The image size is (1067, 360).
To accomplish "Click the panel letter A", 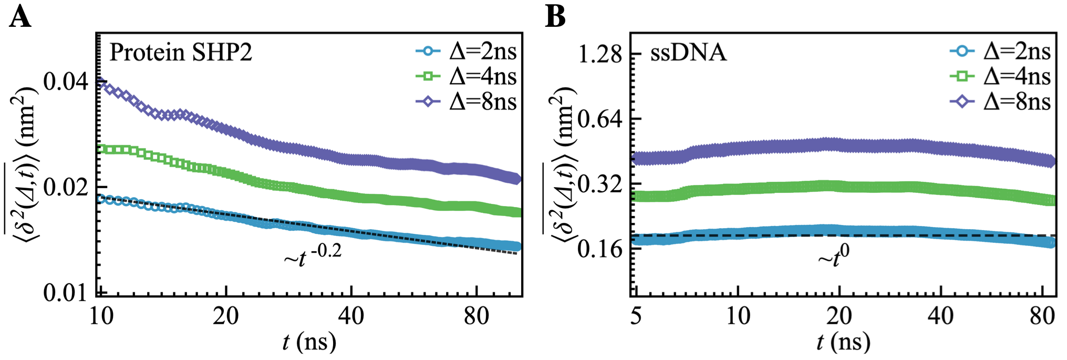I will pyautogui.click(x=20, y=17).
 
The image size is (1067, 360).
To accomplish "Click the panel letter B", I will pyautogui.click(x=555, y=17).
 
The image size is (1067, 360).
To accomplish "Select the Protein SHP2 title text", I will pyautogui.click(x=181, y=53).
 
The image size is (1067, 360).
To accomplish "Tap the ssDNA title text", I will pyautogui.click(x=688, y=53).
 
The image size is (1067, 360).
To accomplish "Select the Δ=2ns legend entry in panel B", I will pyautogui.click(x=1000, y=52).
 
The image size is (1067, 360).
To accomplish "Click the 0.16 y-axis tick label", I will pyautogui.click(x=599, y=249).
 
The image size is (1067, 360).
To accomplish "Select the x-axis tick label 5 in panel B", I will pyautogui.click(x=636, y=316).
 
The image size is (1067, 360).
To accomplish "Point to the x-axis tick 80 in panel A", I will pyautogui.click(x=476, y=316).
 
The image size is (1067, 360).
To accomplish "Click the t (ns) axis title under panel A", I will pyautogui.click(x=309, y=343).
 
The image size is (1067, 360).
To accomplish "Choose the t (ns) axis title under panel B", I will pyautogui.click(x=843, y=343).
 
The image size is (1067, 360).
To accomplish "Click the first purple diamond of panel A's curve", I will pyautogui.click(x=102, y=83).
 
